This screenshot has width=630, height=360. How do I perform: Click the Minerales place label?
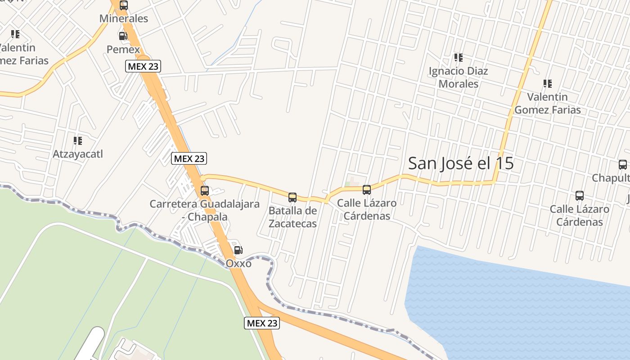124,19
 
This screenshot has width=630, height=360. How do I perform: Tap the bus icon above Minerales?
123,6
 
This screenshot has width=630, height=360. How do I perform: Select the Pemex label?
123,49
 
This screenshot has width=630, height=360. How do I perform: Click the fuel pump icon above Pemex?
122,36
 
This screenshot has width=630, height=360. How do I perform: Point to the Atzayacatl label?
78,154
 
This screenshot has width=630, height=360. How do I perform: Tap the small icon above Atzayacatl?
78,141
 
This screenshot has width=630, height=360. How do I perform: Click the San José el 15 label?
461,163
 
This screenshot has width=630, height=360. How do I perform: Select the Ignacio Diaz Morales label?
458,77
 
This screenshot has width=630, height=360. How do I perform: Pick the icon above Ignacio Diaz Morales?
458,58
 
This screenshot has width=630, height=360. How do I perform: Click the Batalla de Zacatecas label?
292,217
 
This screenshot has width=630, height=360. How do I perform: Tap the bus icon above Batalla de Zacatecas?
292,197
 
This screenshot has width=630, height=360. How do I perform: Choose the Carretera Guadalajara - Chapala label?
204,210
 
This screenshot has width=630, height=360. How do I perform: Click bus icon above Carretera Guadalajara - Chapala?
204,191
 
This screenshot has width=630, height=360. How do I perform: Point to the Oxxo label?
238,263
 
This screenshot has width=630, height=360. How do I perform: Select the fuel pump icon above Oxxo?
238,250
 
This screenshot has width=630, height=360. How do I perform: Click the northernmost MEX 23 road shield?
143,67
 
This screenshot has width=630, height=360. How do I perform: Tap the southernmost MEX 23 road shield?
262,323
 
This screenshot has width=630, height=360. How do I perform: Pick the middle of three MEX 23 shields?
189,158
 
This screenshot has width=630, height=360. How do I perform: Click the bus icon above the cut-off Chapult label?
623,165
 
